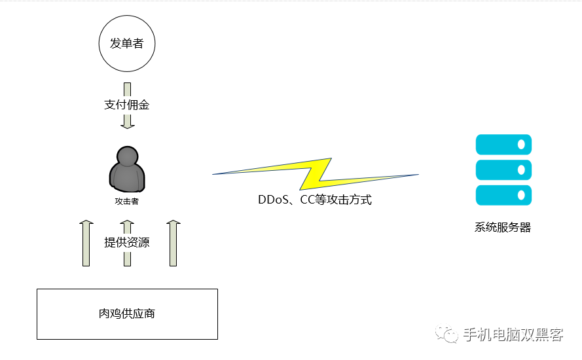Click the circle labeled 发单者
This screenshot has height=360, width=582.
click(127, 44)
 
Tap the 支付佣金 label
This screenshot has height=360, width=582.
click(127, 104)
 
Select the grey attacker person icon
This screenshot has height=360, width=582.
click(126, 168)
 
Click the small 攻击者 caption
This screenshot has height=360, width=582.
click(126, 202)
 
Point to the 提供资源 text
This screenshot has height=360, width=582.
click(127, 242)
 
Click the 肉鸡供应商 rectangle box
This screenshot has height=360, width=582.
click(127, 314)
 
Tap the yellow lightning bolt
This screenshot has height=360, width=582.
click(316, 173)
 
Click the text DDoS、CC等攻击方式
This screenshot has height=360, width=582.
click(315, 200)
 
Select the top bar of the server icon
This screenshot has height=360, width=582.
click(503, 144)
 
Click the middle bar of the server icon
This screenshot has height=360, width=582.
click(503, 170)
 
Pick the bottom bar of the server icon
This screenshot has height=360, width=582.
click(503, 195)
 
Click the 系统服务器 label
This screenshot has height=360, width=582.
click(503, 228)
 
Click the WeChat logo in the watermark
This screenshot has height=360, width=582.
click(450, 334)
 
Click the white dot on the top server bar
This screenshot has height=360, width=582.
click(522, 144)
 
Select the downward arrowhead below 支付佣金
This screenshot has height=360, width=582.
click(127, 124)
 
